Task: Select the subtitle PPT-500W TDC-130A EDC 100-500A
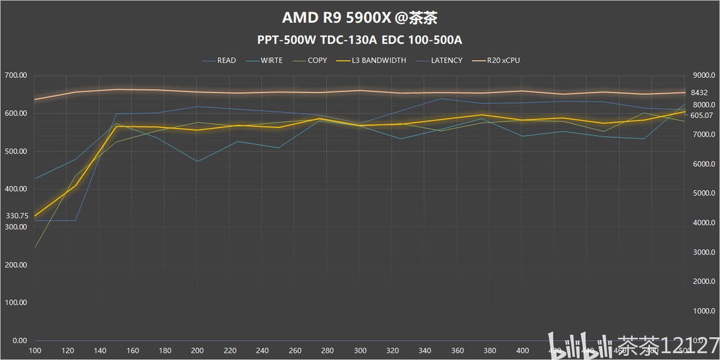click(359, 40)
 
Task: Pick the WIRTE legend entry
click(271, 60)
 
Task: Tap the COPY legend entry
click(317, 60)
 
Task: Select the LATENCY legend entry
click(446, 60)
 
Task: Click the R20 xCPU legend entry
click(503, 60)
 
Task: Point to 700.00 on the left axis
click(16, 76)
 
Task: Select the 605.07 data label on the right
click(702, 115)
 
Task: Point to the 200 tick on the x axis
click(198, 351)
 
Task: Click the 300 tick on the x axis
click(360, 351)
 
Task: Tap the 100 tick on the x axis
click(35, 351)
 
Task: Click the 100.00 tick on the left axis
click(16, 303)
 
